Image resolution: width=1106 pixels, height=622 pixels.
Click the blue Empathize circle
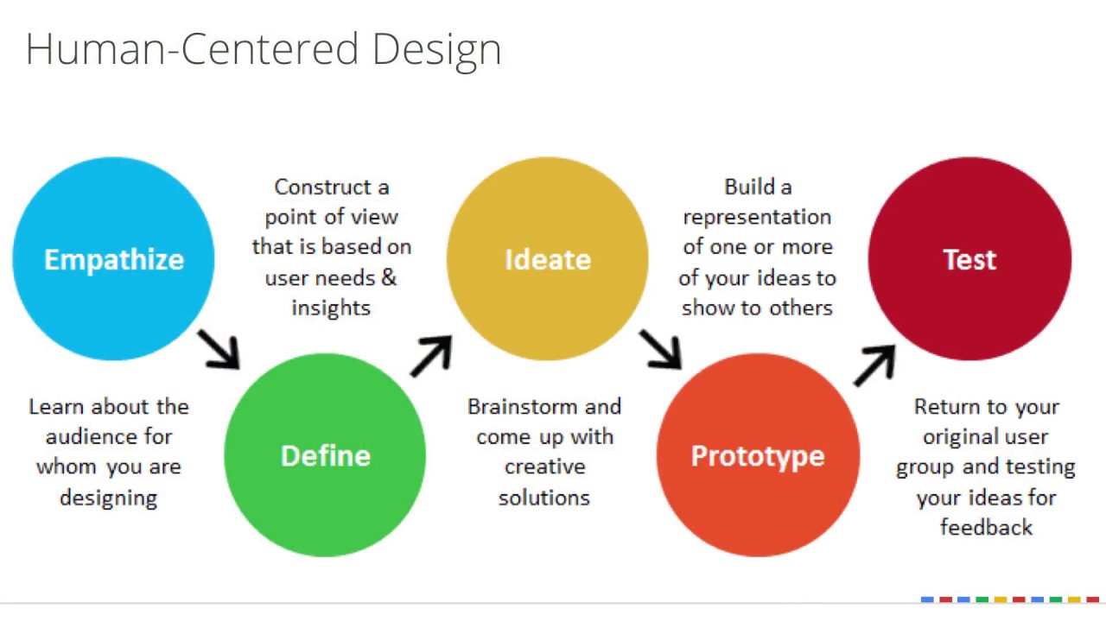[113, 259]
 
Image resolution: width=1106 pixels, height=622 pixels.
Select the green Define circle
[325, 455]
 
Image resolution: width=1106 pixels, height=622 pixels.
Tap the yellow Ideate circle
[547, 259]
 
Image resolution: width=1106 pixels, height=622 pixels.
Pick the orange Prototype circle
[758, 455]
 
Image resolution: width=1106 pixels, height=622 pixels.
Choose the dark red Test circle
[969, 259]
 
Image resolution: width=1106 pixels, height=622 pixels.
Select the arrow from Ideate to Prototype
[661, 348]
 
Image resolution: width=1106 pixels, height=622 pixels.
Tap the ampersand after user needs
[388, 277]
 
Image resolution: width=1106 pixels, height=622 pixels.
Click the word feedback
[986, 527]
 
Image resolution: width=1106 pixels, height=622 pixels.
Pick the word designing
[108, 498]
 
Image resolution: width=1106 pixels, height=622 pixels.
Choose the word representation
[757, 218]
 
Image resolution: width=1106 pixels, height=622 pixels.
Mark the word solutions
[543, 498]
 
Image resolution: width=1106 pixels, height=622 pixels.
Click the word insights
[331, 308]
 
